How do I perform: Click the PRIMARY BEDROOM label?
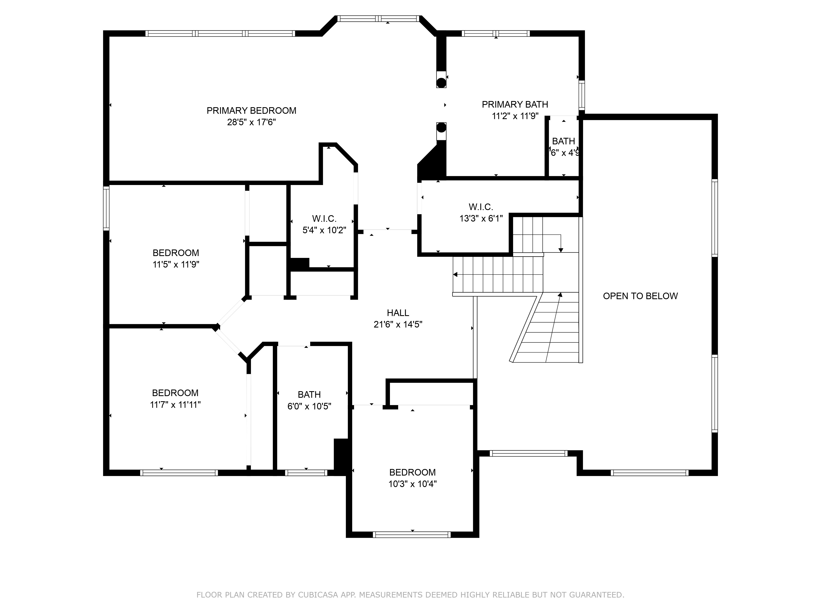[x=251, y=111]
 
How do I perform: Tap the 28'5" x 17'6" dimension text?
[x=251, y=122]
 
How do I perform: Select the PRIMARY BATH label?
[x=515, y=105]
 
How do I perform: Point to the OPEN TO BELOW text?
[x=640, y=296]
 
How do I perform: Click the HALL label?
[x=398, y=313]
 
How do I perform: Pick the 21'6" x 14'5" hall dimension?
[x=398, y=324]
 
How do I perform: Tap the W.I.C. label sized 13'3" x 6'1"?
[x=481, y=207]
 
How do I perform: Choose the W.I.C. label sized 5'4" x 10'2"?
[x=324, y=219]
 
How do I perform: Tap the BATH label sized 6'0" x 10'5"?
[x=309, y=394]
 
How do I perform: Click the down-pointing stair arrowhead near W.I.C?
[x=561, y=250]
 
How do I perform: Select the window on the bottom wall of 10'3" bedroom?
[x=412, y=535]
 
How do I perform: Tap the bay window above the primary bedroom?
[x=378, y=18]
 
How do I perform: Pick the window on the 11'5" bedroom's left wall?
[x=106, y=208]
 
